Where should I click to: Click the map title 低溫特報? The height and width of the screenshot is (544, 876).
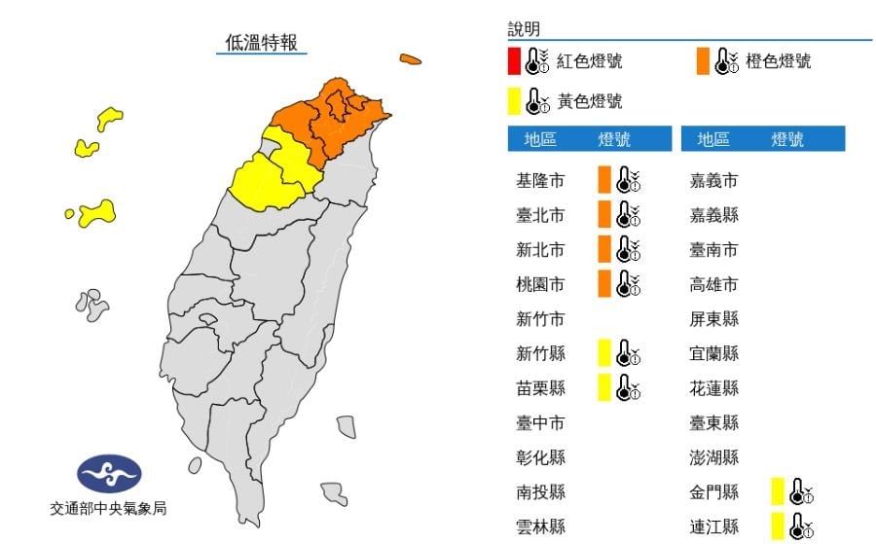261,42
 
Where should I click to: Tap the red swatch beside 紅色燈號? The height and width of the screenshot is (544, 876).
513,61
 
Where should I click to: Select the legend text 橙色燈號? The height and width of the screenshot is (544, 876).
778,61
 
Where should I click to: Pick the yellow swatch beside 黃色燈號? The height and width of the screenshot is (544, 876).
513,100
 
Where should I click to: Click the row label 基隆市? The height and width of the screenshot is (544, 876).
540,180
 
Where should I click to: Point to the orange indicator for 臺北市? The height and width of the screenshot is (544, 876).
604,215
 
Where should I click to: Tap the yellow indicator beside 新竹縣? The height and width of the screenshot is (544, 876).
604,354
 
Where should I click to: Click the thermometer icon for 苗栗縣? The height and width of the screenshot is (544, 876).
629,388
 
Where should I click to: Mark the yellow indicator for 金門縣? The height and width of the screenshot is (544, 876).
777,492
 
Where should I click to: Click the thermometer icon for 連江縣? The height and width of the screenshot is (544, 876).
800,526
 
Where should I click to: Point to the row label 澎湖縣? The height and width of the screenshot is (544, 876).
713,457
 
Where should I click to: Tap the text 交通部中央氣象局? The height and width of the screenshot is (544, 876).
109,508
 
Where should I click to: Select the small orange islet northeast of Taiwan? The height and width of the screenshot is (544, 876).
410,59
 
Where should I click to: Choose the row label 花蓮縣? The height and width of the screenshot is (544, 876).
713,388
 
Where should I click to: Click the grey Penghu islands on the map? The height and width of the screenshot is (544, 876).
92,304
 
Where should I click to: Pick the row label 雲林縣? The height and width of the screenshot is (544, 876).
540,526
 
